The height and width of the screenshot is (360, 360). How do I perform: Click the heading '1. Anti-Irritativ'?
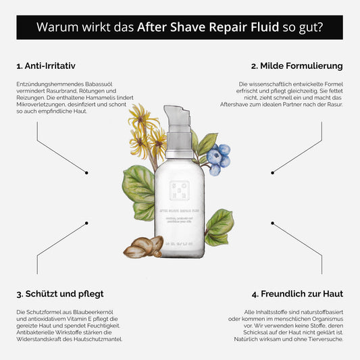[45, 66]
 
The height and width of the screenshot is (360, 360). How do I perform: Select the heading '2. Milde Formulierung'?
[297, 66]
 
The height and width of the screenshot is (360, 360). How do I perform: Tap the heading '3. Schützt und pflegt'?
[59, 294]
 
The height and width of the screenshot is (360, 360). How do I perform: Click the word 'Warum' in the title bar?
[57, 28]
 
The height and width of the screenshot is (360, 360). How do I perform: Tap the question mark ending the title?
[319, 28]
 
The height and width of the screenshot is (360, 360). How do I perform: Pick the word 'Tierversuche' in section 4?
[324, 338]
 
